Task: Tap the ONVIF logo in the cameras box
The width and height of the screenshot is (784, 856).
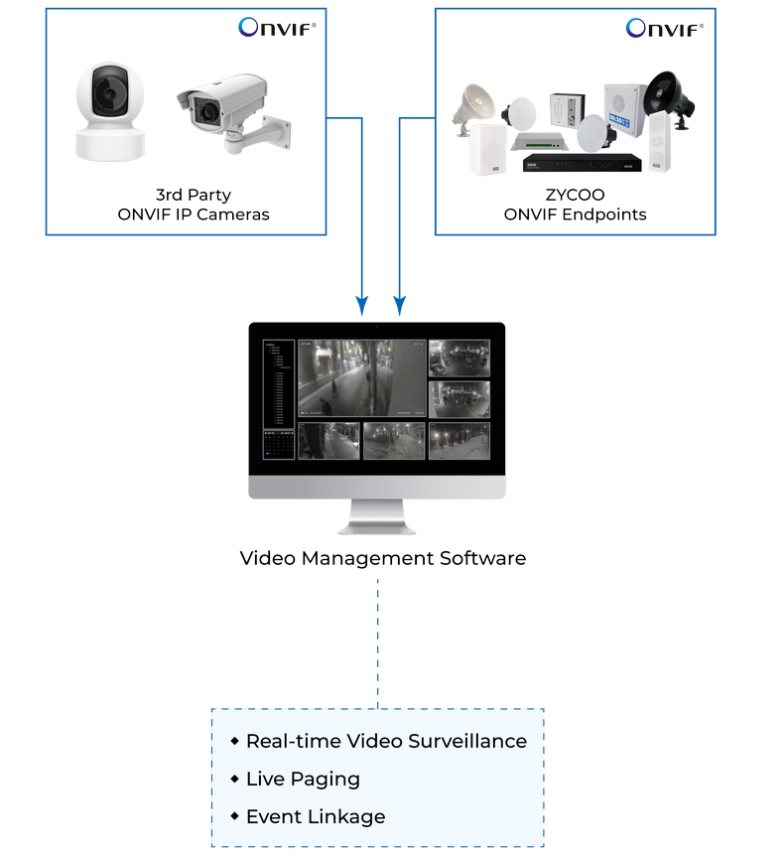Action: [x=277, y=27]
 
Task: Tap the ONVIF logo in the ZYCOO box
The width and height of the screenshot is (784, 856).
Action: [x=665, y=28]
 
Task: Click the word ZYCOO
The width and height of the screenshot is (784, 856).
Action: [x=575, y=195]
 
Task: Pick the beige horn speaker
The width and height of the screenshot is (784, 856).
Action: [x=479, y=103]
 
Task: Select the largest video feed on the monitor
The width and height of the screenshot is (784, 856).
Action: [x=361, y=378]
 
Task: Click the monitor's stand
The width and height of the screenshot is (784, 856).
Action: [x=377, y=517]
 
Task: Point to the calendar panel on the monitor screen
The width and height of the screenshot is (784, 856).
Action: [x=279, y=444]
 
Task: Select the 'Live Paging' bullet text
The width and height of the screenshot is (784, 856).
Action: [x=303, y=779]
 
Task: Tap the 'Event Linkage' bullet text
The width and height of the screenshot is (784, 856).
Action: [x=316, y=817]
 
